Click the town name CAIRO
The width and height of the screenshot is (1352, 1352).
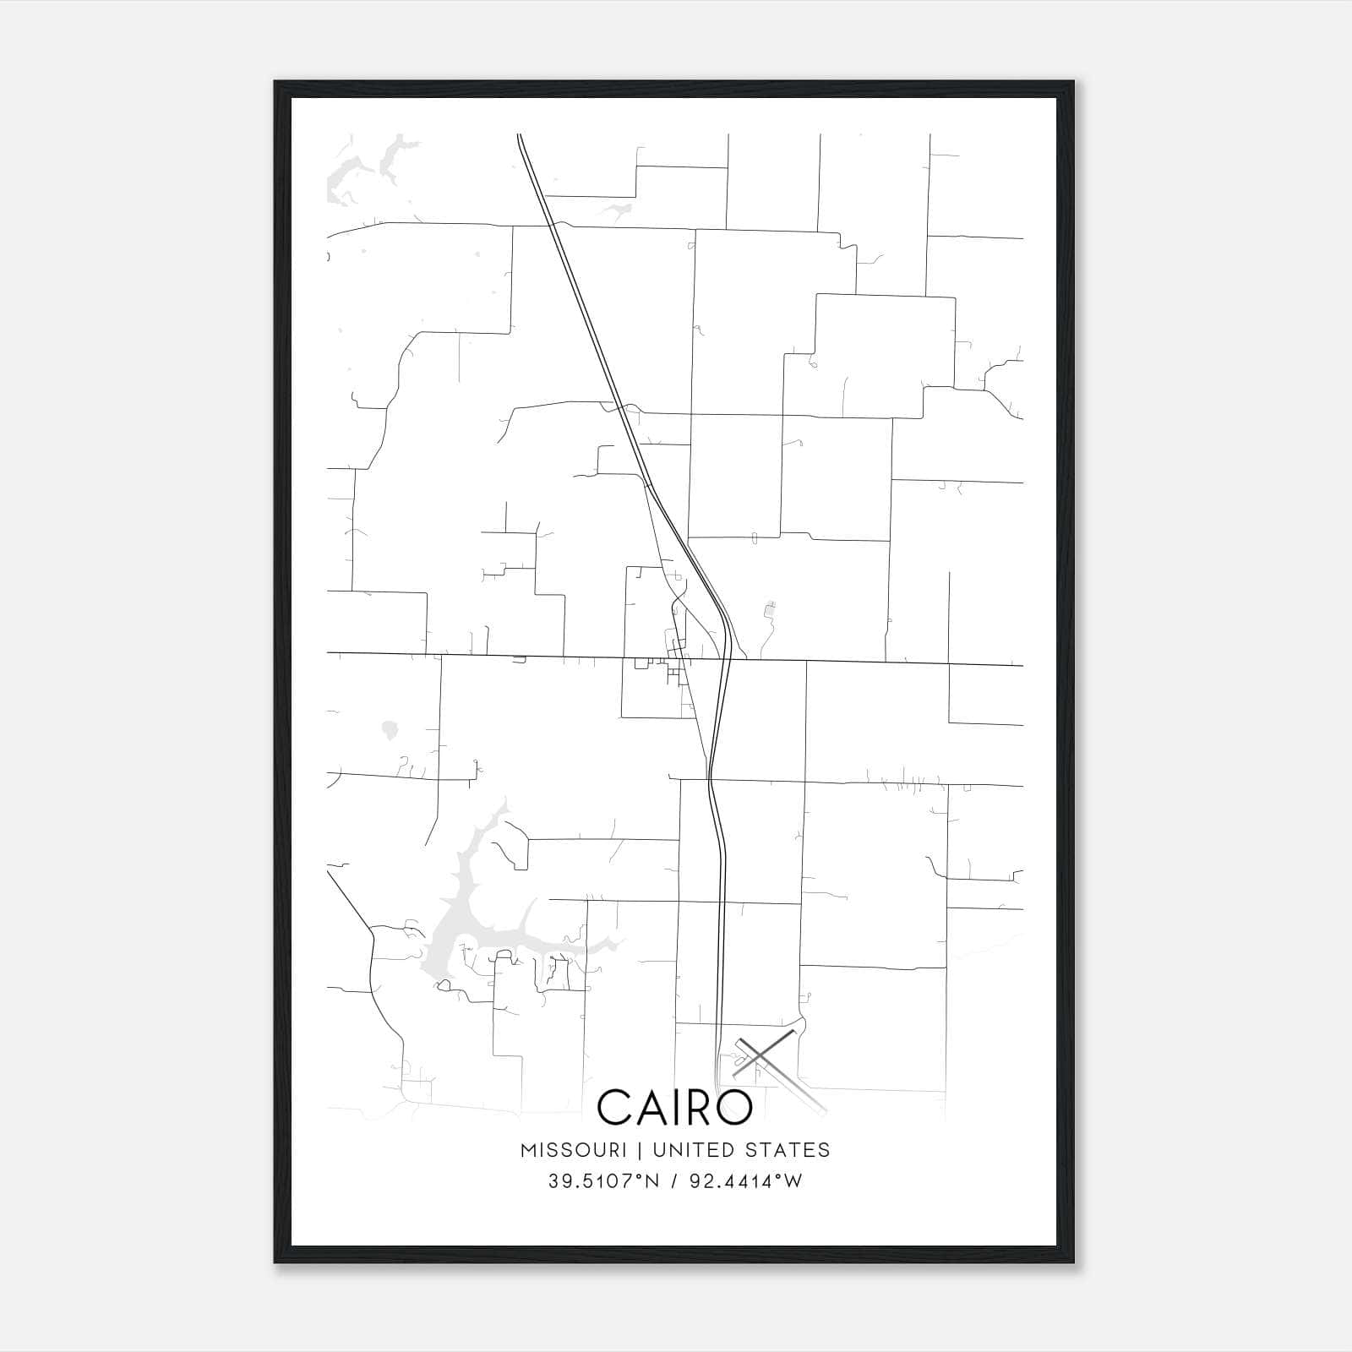[x=674, y=1107]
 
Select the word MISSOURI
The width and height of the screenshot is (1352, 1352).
[x=573, y=1150]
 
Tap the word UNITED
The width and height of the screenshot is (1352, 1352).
[x=691, y=1150]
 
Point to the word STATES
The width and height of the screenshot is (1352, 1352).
[x=788, y=1150]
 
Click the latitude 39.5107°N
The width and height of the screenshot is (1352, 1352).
[x=602, y=1181]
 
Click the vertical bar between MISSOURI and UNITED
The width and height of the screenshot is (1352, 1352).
[x=639, y=1150]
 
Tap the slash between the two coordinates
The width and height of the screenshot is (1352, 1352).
[x=673, y=1181]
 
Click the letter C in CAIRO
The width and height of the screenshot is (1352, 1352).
[x=615, y=1107]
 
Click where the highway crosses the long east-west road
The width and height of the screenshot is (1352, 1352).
[x=725, y=659]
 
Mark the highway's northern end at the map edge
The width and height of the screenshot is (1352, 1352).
[x=520, y=135]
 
